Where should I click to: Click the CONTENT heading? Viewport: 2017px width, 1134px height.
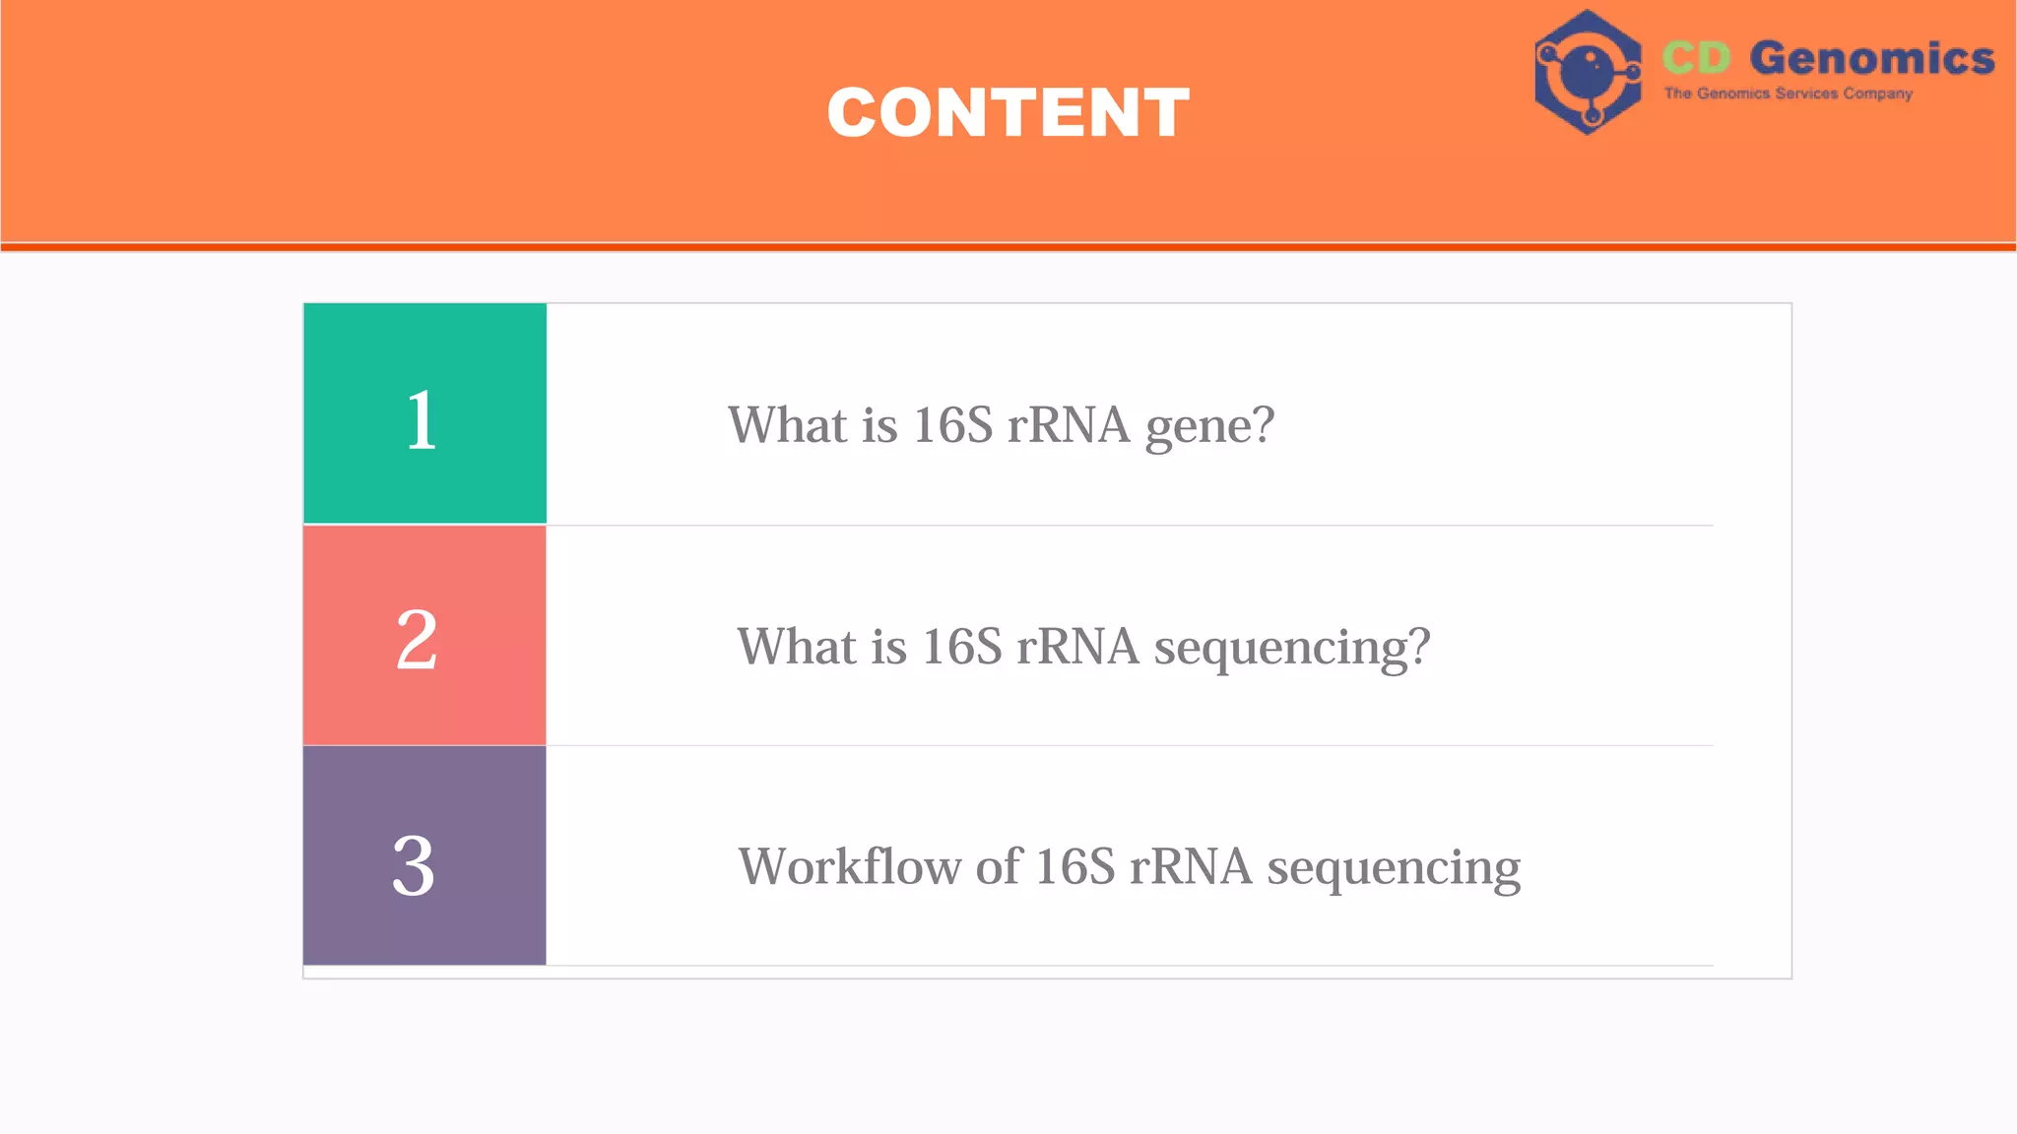click(1008, 112)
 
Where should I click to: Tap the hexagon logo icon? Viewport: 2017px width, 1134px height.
click(1587, 72)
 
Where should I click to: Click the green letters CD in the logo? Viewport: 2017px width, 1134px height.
click(1696, 58)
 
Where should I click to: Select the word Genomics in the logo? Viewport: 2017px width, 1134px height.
click(1871, 58)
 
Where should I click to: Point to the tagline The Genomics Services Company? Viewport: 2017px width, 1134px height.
click(1788, 94)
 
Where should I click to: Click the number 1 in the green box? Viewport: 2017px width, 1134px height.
click(422, 420)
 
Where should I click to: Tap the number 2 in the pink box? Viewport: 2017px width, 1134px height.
click(417, 640)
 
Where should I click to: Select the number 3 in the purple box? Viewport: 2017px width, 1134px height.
click(414, 866)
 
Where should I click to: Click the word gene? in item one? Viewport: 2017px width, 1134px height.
click(1209, 427)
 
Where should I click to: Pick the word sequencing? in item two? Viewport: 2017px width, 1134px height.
click(1292, 649)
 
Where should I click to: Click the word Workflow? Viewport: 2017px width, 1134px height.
click(850, 867)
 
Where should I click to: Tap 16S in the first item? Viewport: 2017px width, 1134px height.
click(952, 425)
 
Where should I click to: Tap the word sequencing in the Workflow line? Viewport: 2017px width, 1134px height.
click(1394, 869)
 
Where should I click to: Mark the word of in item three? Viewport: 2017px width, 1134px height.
click(999, 867)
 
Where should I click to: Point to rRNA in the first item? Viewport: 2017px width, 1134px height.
click(1068, 425)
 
